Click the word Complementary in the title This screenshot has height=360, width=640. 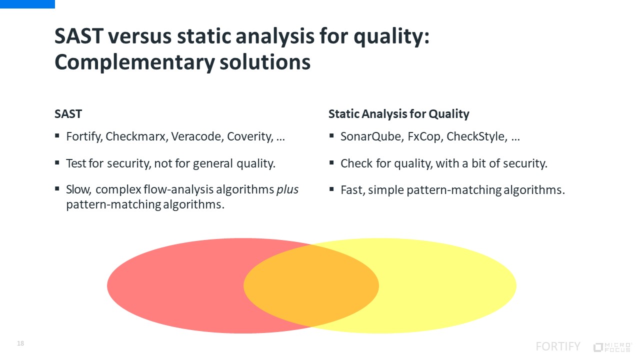(134, 62)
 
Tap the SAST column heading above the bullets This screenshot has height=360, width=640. (68, 114)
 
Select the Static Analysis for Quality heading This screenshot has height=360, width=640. (398, 114)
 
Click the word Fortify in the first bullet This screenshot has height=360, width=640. (84, 137)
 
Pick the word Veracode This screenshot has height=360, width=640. (197, 136)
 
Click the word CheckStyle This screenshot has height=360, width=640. (477, 137)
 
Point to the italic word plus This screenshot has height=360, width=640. (287, 190)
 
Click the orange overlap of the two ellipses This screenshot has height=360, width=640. (311, 285)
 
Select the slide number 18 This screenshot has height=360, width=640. (20, 343)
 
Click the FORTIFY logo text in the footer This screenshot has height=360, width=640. (558, 346)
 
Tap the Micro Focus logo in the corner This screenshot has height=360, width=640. (613, 347)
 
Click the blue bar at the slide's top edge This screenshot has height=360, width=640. (27, 4)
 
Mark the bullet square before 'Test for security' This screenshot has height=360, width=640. (57, 163)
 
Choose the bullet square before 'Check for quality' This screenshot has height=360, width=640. (331, 163)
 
